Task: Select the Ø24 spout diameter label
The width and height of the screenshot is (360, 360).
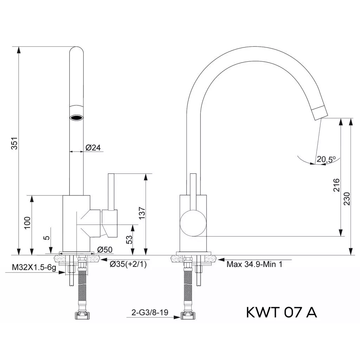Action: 93,148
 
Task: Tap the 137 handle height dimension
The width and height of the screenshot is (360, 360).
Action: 142,213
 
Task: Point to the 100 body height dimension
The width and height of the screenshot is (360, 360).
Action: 27,223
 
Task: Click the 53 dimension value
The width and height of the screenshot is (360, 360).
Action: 129,240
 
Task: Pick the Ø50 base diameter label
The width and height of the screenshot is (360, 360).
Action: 105,250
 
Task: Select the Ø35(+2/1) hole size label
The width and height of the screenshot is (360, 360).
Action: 128,264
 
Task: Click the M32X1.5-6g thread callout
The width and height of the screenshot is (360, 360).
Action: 34,268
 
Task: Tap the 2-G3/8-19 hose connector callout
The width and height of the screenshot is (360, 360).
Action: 150,312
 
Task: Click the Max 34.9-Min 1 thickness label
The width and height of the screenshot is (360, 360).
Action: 255,264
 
